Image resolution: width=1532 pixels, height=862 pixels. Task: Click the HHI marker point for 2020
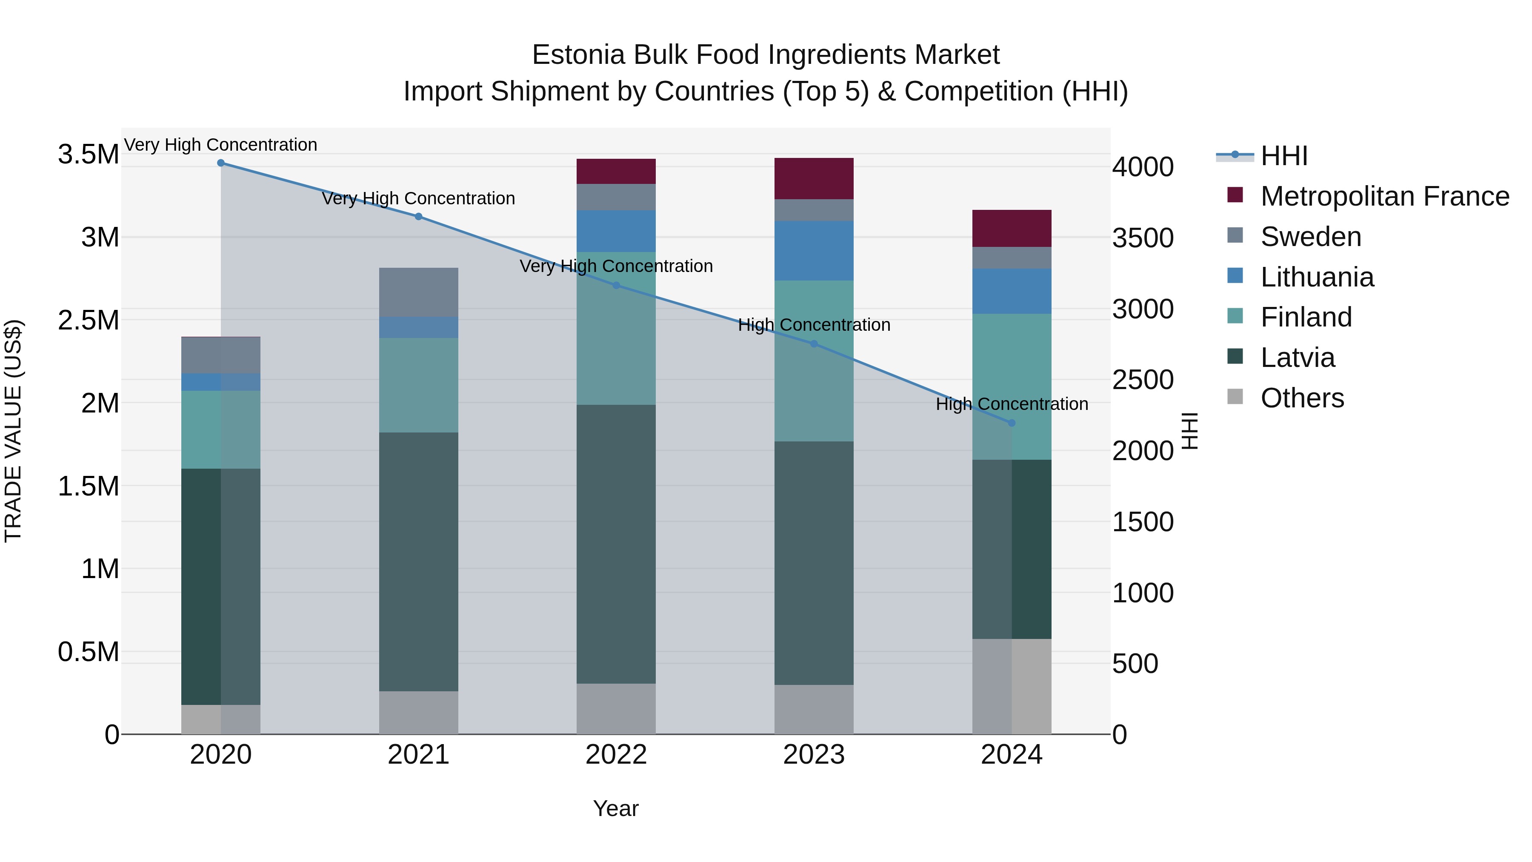click(220, 163)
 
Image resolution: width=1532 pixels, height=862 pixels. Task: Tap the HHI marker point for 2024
click(1012, 423)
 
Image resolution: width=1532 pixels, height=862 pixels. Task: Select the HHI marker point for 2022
click(616, 286)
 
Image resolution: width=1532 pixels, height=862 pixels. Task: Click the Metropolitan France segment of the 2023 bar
click(814, 178)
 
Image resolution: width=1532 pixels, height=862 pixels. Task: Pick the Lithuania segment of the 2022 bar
click(616, 231)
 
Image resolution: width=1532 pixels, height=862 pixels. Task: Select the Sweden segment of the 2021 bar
click(419, 292)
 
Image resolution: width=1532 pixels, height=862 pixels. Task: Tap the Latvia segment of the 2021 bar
click(419, 561)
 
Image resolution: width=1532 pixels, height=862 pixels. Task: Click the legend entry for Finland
click(1306, 317)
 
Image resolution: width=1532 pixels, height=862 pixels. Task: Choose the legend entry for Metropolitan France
click(1384, 196)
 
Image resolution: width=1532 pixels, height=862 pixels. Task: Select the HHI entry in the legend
click(1283, 156)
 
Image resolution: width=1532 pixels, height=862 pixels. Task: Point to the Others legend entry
click(1302, 398)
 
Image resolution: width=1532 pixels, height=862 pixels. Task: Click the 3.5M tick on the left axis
click(88, 155)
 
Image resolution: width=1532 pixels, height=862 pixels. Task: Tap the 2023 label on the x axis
click(814, 755)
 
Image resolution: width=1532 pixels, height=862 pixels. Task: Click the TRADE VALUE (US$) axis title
click(13, 431)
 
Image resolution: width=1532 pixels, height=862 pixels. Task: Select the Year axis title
click(615, 808)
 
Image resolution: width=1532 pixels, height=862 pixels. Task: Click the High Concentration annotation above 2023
click(814, 325)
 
